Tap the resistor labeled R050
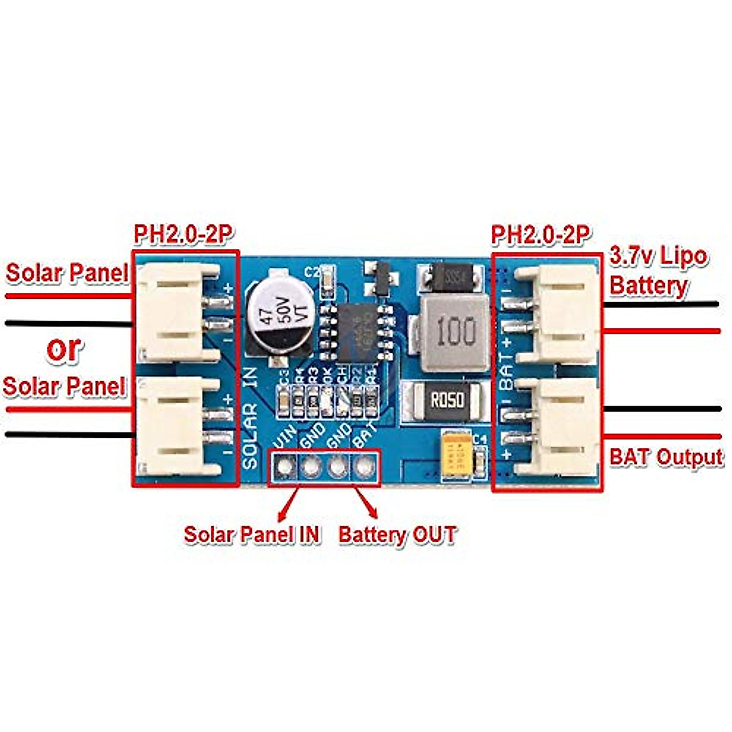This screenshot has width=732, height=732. pyautogui.click(x=448, y=400)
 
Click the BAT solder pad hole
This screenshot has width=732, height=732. pyautogui.click(x=364, y=468)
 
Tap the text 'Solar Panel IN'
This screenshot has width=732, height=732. pyautogui.click(x=252, y=534)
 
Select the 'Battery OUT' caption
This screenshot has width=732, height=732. pyautogui.click(x=397, y=535)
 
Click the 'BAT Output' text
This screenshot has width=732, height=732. pyautogui.click(x=666, y=457)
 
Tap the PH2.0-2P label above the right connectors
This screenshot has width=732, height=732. pyautogui.click(x=541, y=234)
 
